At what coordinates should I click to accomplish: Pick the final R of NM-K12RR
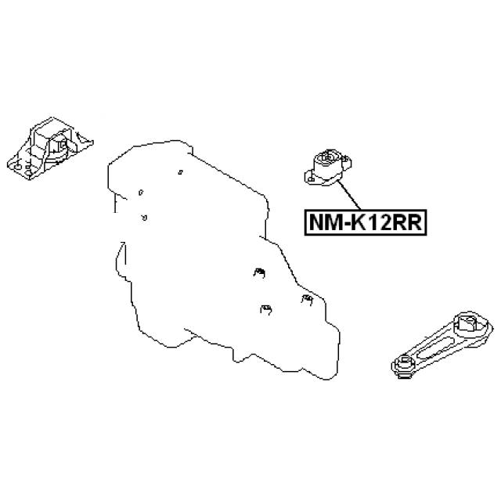click(x=415, y=222)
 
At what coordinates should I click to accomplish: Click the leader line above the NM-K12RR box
click(x=349, y=195)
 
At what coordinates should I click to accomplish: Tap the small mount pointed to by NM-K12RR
click(x=328, y=167)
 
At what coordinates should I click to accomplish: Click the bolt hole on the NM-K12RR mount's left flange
click(x=311, y=178)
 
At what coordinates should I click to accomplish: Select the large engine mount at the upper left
click(x=50, y=148)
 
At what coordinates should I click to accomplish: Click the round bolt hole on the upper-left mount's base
click(x=17, y=167)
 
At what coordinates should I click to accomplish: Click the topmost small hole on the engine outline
click(x=180, y=172)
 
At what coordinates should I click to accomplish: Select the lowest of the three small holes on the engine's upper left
click(x=144, y=218)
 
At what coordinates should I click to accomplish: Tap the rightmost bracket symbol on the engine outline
click(x=307, y=299)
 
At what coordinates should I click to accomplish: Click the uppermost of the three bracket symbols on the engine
click(x=259, y=273)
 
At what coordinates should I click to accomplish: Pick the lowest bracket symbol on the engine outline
click(x=266, y=310)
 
